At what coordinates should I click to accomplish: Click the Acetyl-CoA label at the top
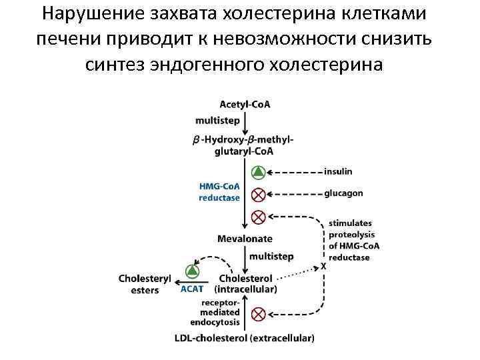pos(245,104)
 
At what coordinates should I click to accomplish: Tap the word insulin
pos(338,171)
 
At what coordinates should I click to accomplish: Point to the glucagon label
pos(344,193)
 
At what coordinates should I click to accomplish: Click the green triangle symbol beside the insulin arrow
pos(258,173)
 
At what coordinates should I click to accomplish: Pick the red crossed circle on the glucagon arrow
pos(258,194)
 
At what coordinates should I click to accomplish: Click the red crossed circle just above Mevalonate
pos(258,217)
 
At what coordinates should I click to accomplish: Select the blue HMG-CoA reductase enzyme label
pos(219,192)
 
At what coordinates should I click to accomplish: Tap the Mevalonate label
pos(245,239)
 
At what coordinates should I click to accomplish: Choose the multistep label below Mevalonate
pos(271,256)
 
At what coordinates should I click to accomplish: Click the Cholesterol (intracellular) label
pos(245,283)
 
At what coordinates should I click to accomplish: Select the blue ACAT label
pos(192,289)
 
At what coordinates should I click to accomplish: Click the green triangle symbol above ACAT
pos(193,270)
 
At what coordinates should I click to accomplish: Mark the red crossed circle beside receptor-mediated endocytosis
pos(258,313)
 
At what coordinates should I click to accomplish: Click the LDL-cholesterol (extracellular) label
pos(245,338)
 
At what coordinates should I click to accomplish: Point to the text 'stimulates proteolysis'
pos(351,229)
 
